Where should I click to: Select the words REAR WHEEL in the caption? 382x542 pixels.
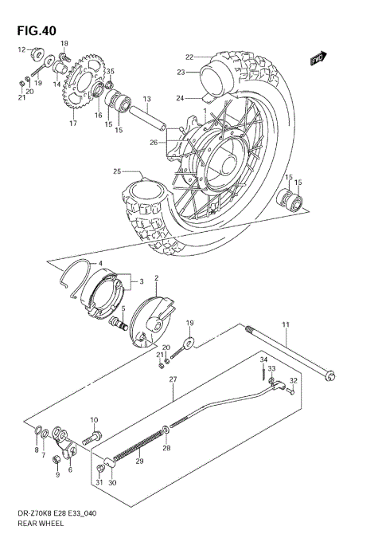click(37, 527)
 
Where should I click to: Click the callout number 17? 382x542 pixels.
click(72, 124)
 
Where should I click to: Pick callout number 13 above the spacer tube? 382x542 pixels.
click(146, 99)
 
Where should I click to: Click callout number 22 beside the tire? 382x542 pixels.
click(189, 57)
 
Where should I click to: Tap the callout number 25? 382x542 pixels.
click(116, 171)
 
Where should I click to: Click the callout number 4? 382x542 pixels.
click(100, 263)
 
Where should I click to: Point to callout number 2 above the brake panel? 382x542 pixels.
click(156, 277)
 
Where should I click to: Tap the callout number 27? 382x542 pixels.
click(172, 379)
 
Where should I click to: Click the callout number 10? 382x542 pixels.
click(94, 420)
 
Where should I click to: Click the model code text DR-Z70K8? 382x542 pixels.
click(32, 516)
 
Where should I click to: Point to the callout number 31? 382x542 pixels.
click(98, 483)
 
